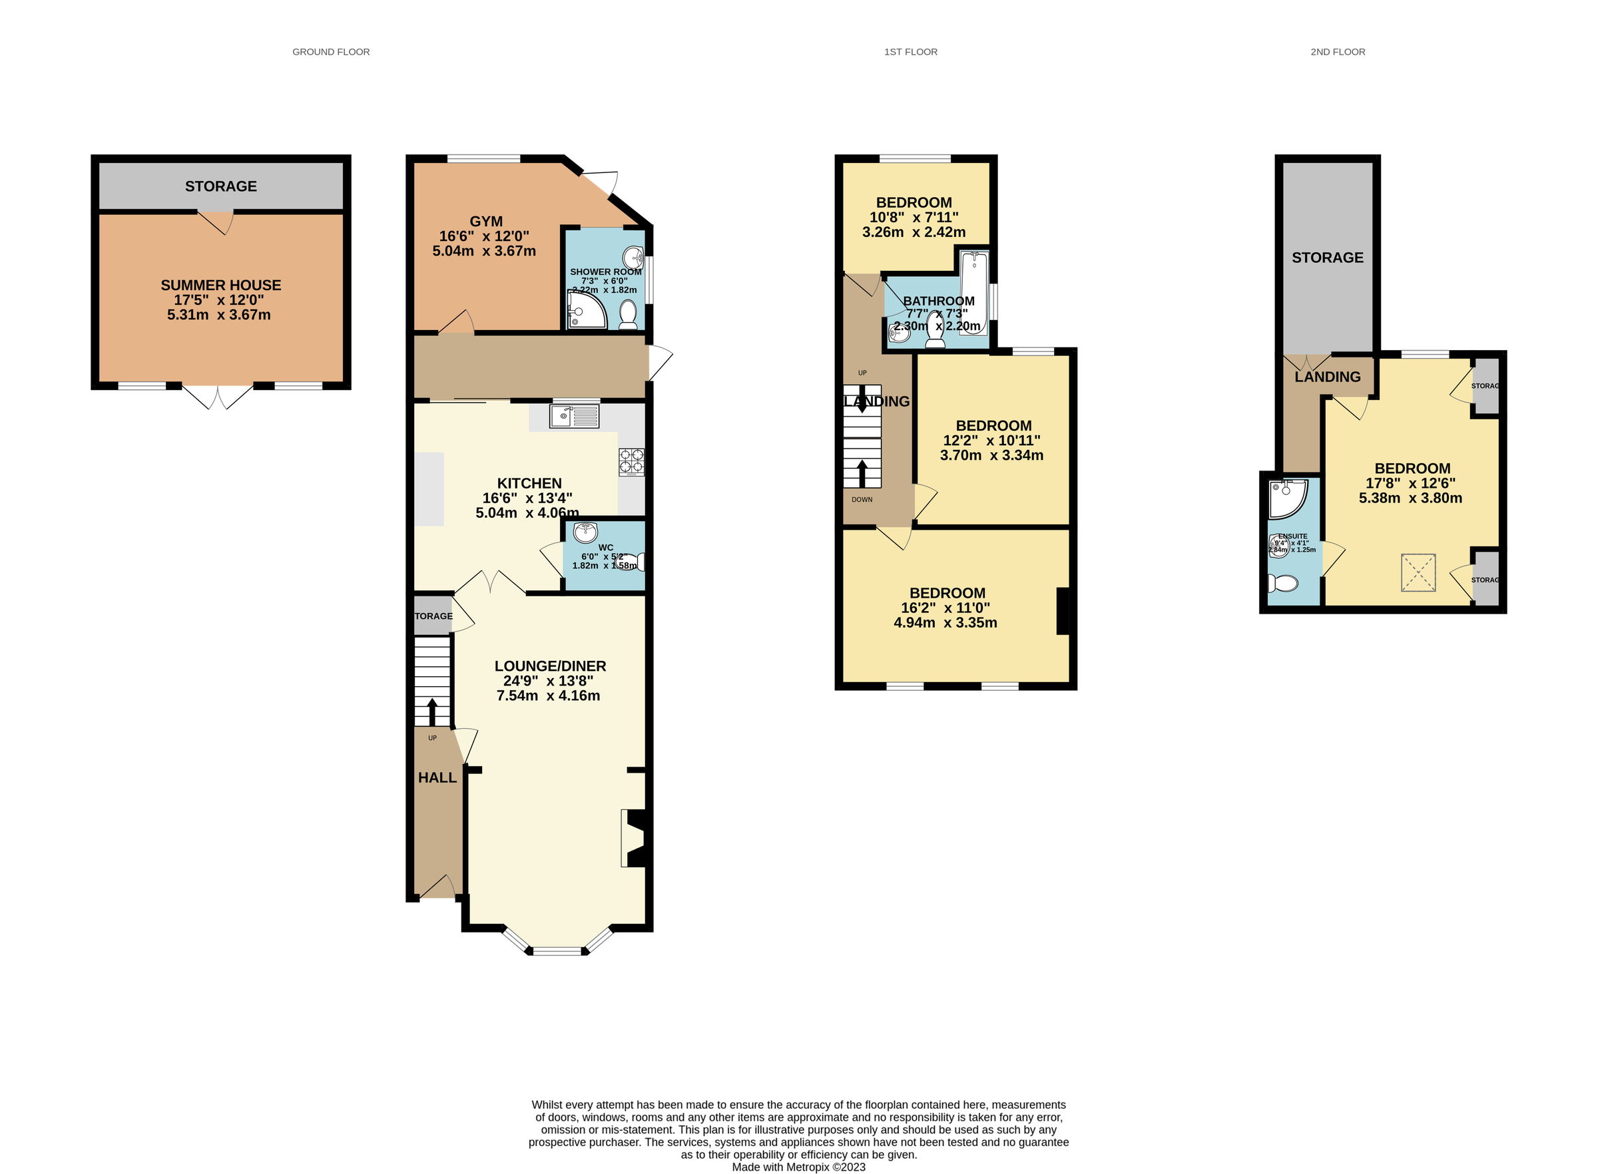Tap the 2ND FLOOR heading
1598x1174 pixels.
1337,52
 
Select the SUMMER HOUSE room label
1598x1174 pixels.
220,285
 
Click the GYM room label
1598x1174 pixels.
485,221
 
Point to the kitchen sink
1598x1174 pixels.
574,416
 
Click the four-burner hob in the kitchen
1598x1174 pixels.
631,461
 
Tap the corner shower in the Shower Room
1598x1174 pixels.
586,311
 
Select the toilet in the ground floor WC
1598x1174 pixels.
631,562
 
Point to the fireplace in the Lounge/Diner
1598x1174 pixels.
635,838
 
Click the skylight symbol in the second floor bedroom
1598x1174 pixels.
1418,572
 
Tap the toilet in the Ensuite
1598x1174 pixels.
1283,584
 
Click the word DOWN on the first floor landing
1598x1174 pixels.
862,500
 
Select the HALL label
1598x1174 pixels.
437,777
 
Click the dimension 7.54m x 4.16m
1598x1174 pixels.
548,695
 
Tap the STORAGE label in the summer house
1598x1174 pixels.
220,186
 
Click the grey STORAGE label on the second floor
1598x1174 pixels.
1326,258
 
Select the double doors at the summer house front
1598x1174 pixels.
218,396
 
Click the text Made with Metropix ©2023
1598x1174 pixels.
798,1166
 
